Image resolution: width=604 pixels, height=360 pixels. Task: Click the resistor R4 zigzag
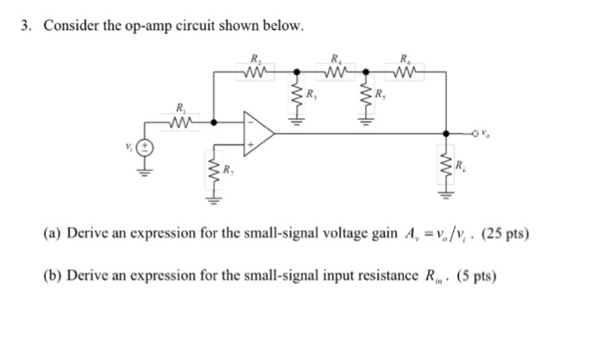pos(334,73)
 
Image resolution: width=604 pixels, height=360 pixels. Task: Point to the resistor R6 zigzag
pos(406,73)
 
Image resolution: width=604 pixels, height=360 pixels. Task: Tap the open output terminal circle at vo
pos(475,134)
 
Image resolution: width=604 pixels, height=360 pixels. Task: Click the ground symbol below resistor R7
pos(211,202)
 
